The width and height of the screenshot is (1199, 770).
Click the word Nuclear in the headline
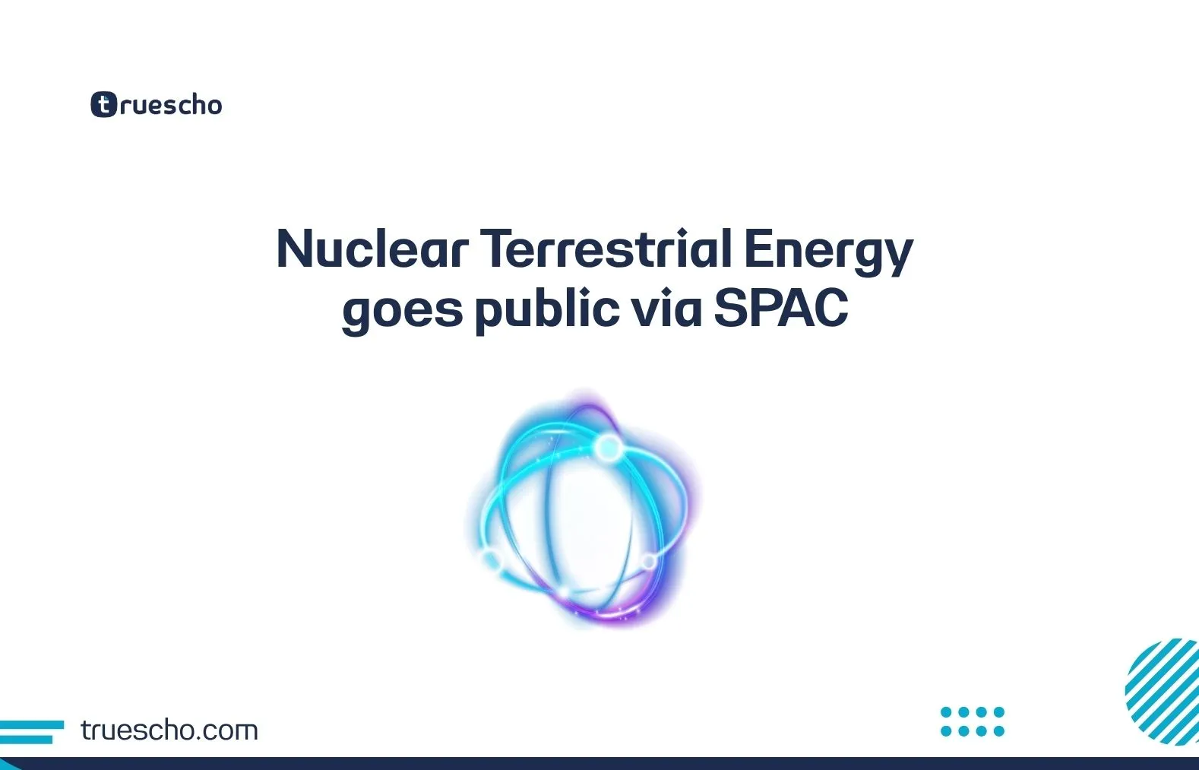pos(372,249)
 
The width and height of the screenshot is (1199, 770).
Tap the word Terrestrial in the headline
pos(606,249)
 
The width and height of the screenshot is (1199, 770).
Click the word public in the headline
pos(546,310)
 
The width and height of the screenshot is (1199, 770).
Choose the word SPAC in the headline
pos(780,309)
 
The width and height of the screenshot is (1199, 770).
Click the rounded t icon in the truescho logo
pos(103,104)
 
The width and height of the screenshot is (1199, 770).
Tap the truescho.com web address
pos(169,730)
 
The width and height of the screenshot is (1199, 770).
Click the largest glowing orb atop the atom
pos(608,448)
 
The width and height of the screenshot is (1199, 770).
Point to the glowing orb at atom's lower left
pos(492,561)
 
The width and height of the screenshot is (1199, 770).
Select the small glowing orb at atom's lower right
pos(648,562)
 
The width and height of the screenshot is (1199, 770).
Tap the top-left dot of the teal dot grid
pos(946,712)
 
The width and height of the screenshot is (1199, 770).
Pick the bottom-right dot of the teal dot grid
pos(999,731)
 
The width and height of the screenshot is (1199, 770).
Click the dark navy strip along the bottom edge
pos(599,763)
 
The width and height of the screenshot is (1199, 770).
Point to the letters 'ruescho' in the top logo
pos(171,105)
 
